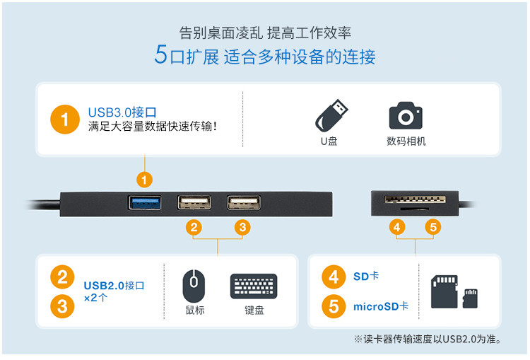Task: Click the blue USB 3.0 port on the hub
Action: [x=145, y=203]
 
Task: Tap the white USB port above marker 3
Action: [x=244, y=203]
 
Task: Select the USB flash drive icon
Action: [x=331, y=115]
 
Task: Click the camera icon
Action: [x=406, y=115]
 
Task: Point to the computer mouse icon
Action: [x=194, y=286]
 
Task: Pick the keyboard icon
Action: [x=254, y=286]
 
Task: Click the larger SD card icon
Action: [x=444, y=291]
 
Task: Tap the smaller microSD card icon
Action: [x=470, y=298]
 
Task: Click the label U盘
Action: [x=329, y=141]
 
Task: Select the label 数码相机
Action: [x=406, y=141]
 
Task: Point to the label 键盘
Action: [x=254, y=310]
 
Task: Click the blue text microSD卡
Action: [x=381, y=306]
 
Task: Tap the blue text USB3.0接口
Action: [x=122, y=112]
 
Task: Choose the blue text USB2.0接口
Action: [x=114, y=286]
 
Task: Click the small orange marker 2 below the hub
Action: [x=194, y=227]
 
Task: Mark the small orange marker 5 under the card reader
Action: [x=433, y=227]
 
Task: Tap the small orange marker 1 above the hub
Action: [x=144, y=180]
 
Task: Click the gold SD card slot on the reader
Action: [x=415, y=199]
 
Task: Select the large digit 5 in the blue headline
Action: [x=161, y=54]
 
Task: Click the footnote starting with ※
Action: [x=428, y=339]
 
